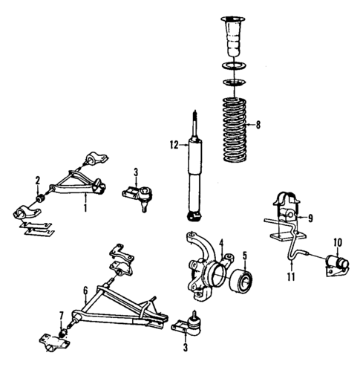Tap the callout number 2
(x=37, y=180)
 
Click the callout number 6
(x=86, y=290)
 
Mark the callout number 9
(x=310, y=218)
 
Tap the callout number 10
(x=337, y=241)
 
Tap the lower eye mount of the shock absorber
(x=195, y=216)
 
